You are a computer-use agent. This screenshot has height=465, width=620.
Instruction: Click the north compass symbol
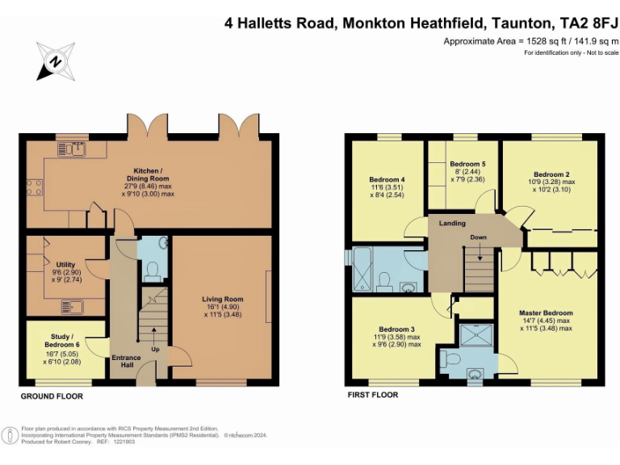click(x=54, y=61)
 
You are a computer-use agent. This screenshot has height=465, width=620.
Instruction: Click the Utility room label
click(x=65, y=264)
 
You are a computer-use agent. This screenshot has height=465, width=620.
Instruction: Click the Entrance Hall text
click(x=125, y=362)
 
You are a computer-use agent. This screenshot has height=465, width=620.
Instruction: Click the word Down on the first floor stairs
click(x=478, y=237)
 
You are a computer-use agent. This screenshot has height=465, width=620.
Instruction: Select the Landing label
click(x=452, y=223)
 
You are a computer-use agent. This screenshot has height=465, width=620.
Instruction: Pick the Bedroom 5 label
click(x=467, y=163)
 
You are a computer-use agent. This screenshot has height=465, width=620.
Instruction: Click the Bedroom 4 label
click(x=387, y=179)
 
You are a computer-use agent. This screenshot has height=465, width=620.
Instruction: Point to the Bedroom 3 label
click(x=396, y=329)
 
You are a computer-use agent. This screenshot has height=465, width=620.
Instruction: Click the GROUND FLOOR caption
click(x=52, y=396)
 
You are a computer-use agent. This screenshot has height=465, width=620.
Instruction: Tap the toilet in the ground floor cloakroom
click(x=151, y=273)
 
